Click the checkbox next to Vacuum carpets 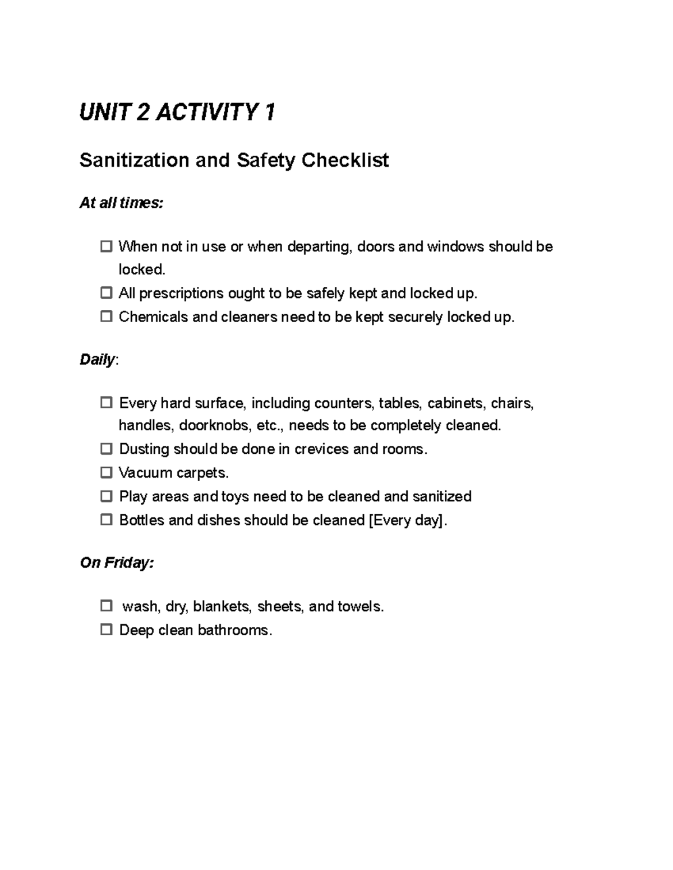[106, 473]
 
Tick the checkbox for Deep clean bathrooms [106, 630]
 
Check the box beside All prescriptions [106, 293]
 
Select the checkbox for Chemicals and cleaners [106, 317]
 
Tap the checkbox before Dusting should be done [106, 449]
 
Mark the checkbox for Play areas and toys [106, 496]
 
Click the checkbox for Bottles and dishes [106, 520]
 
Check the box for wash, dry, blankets [106, 606]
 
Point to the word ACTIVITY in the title [206, 113]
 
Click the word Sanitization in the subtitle [134, 160]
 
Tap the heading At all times [121, 203]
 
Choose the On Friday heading [116, 562]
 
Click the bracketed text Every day [408, 520]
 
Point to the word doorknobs [214, 426]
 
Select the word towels [360, 606]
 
